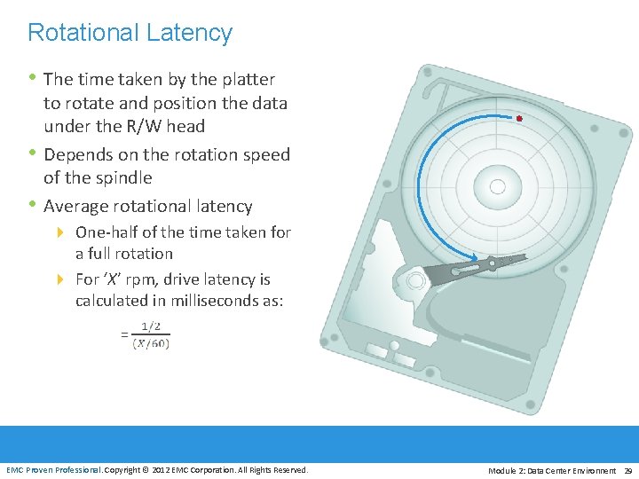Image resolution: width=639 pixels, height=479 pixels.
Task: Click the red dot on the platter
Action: coord(519,118)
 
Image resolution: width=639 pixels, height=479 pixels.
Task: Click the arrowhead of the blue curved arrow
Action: coord(480,260)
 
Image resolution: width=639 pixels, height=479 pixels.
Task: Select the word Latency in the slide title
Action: coord(190,33)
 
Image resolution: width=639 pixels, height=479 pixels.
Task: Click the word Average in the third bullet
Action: coord(77,206)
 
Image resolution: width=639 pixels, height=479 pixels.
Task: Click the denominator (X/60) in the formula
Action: coord(151,342)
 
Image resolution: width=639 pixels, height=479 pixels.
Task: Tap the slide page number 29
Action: coord(628,469)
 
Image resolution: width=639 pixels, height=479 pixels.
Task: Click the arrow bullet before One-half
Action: coord(60,232)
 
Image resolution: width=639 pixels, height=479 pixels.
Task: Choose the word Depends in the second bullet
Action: coord(79,154)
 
